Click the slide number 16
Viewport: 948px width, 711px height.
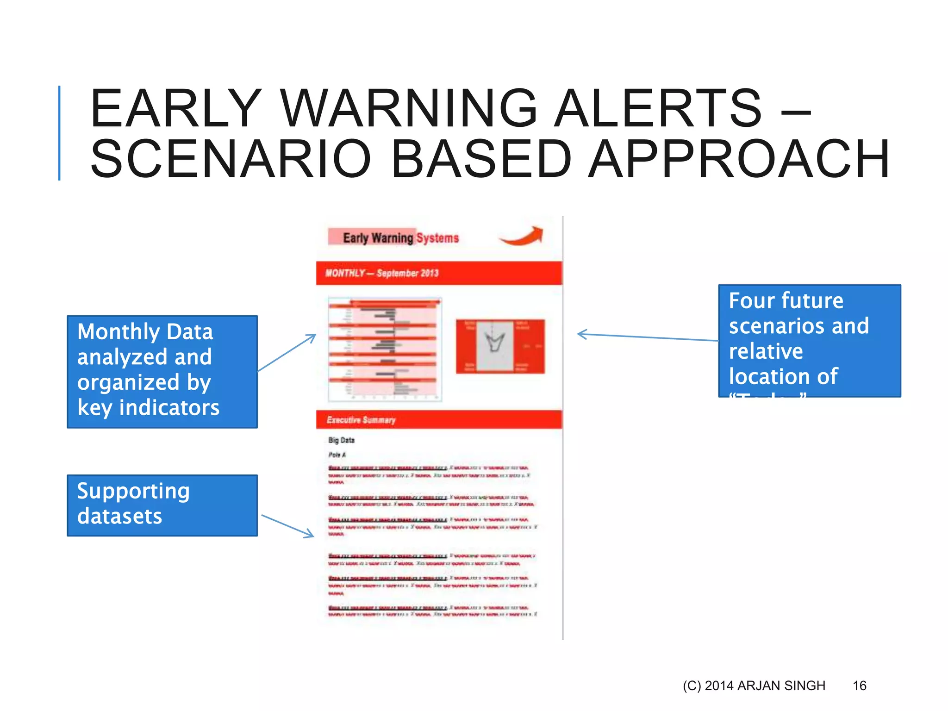pos(859,686)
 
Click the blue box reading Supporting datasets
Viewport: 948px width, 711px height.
pos(162,505)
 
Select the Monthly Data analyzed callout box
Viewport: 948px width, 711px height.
pos(162,371)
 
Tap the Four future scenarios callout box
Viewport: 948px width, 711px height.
pos(809,341)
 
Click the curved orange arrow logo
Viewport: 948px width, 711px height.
pos(522,236)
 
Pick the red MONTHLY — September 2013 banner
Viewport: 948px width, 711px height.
pos(439,273)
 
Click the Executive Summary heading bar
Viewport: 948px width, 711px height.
pos(439,419)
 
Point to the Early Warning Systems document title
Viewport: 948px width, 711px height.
pos(400,237)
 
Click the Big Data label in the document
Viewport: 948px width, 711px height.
pos(341,440)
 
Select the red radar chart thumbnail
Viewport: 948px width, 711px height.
pos(500,346)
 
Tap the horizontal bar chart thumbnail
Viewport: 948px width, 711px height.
pos(385,349)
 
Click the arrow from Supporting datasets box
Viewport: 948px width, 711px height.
pos(288,526)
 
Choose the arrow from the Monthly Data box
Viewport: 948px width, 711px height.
pos(287,352)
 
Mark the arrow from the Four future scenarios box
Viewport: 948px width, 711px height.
pos(648,337)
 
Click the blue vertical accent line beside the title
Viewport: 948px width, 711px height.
pos(59,133)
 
